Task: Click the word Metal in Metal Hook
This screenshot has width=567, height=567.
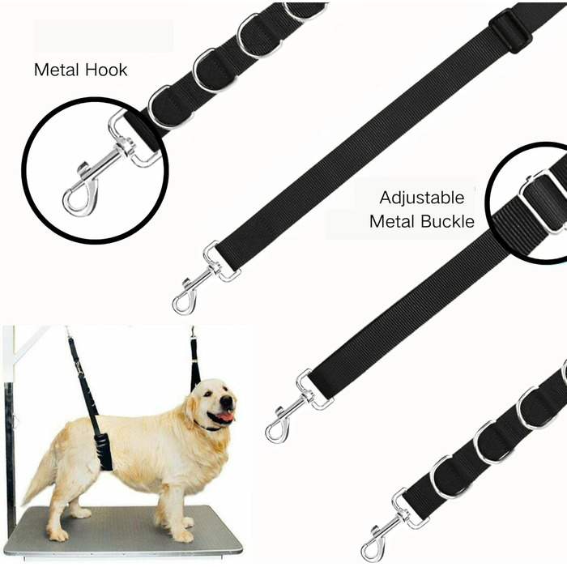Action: [x=56, y=70]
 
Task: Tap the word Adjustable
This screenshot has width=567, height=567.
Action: [x=422, y=198]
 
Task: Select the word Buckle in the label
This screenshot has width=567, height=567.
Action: [x=448, y=221]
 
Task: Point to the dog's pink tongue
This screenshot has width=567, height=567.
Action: [x=226, y=416]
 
